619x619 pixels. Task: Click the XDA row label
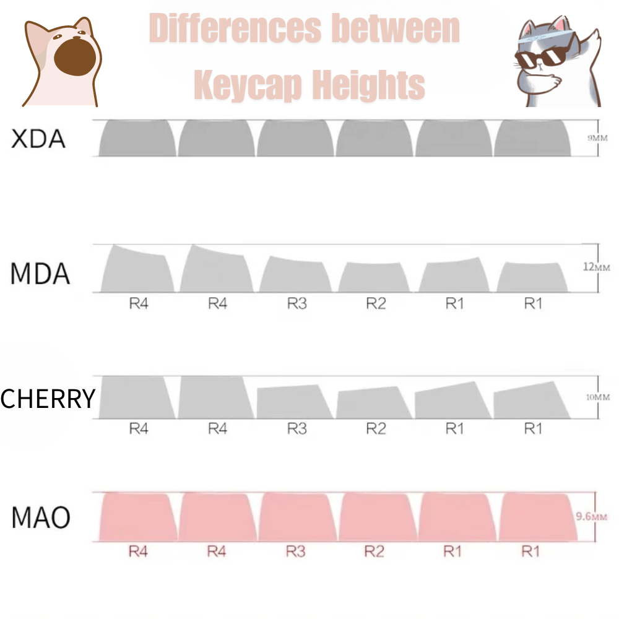point(38,139)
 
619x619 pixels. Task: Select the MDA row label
point(40,274)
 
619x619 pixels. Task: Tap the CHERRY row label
point(48,398)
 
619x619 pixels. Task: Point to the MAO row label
point(41,517)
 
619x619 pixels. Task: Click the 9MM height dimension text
point(598,137)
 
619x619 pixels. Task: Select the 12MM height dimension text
point(597,267)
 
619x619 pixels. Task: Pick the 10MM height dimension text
point(598,396)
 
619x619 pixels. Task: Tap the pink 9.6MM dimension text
point(590,516)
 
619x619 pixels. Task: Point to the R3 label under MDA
point(297,304)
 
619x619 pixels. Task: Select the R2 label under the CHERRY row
point(375,428)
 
